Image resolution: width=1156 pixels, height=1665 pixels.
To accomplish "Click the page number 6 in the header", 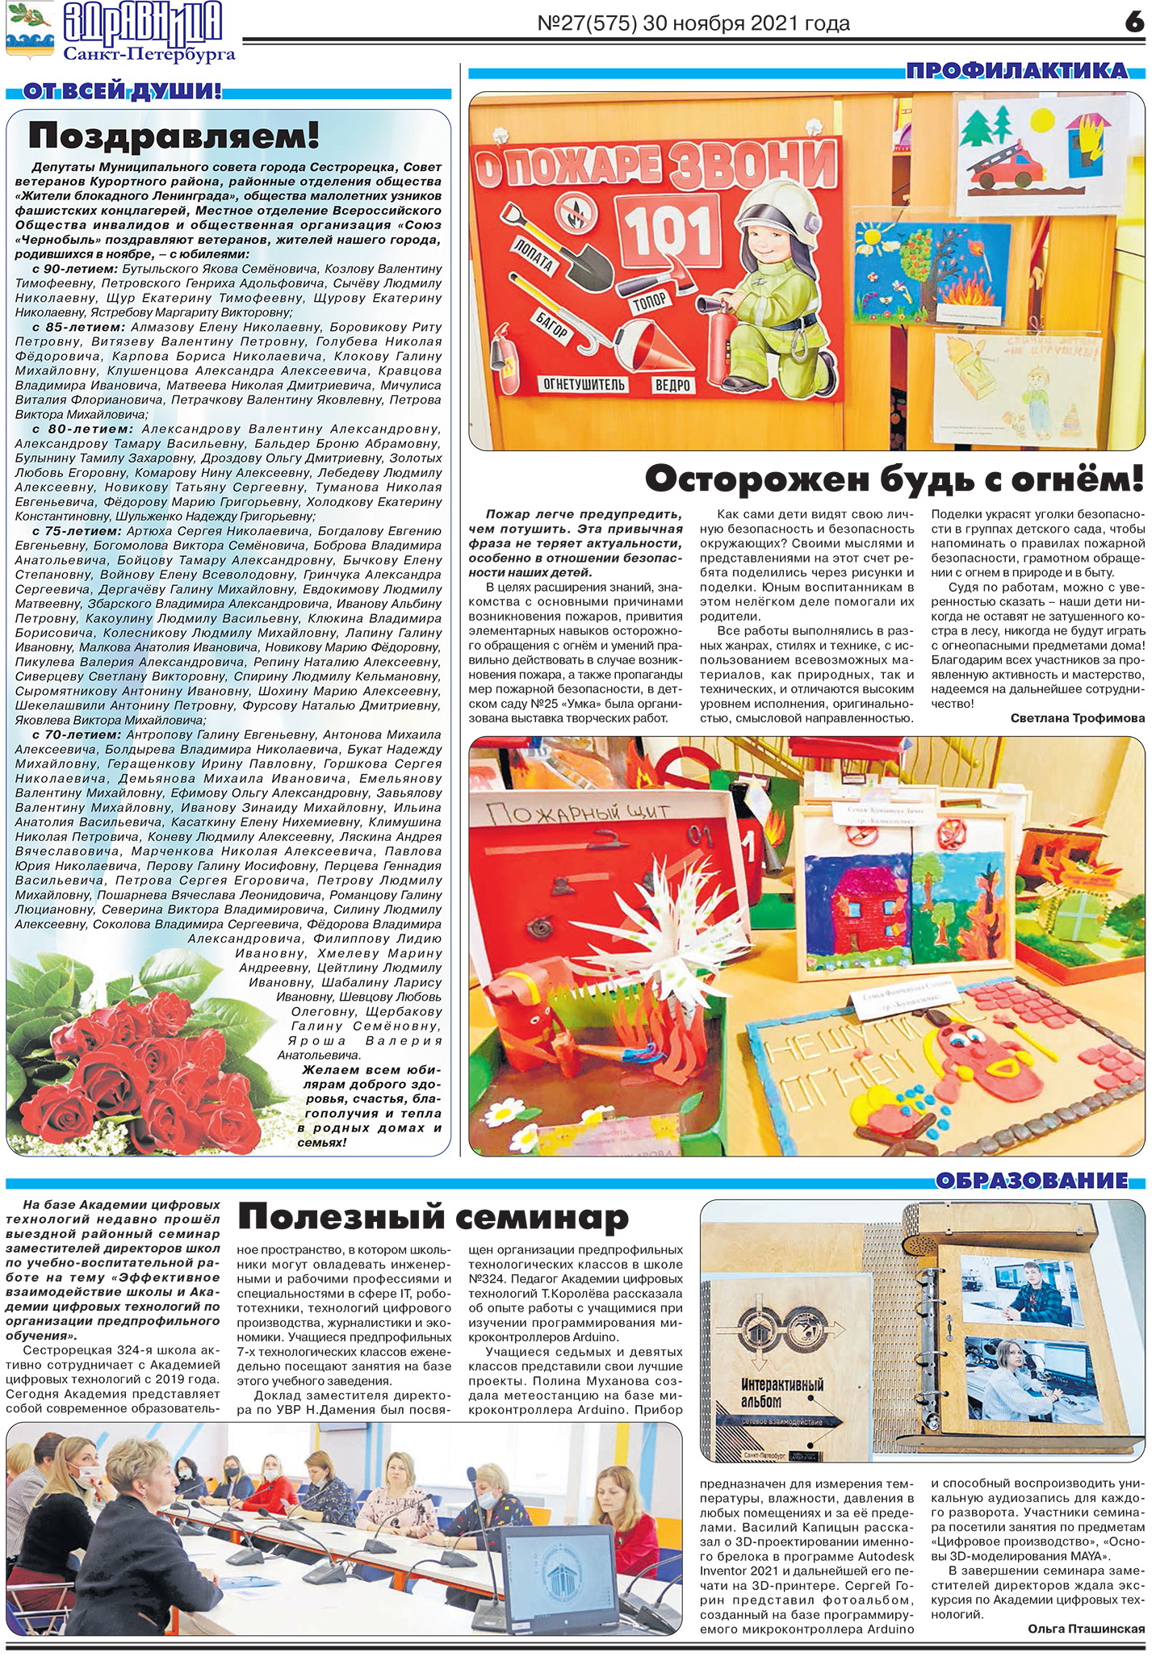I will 1134,22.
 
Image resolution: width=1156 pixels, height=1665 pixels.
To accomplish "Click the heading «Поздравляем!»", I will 174,136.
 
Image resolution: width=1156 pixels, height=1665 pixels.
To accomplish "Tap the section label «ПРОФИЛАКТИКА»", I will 1016,71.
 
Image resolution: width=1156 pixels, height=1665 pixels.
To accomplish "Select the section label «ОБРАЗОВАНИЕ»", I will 1032,1181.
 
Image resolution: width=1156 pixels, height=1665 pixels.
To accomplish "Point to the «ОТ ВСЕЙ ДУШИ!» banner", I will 122,91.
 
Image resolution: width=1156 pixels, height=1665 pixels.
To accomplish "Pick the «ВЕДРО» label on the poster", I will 672,385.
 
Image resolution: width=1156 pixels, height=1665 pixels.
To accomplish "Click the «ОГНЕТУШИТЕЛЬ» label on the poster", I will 584,384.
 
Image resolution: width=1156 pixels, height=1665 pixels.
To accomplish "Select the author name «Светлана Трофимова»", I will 1077,718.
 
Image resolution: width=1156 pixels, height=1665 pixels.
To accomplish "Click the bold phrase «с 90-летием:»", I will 75,269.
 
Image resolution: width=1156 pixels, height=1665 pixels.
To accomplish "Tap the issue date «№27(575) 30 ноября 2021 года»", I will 693,23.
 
